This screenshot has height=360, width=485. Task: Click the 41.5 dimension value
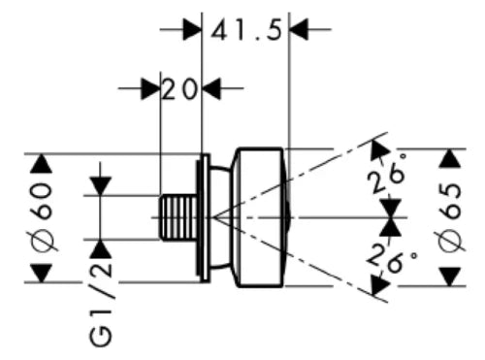(x=246, y=30)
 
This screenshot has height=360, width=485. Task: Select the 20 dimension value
(x=179, y=89)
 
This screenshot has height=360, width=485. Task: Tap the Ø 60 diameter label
(x=42, y=216)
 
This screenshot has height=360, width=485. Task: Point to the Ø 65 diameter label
(x=451, y=217)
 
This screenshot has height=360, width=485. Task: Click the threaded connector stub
(x=178, y=217)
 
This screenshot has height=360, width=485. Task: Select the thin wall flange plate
(x=204, y=218)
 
